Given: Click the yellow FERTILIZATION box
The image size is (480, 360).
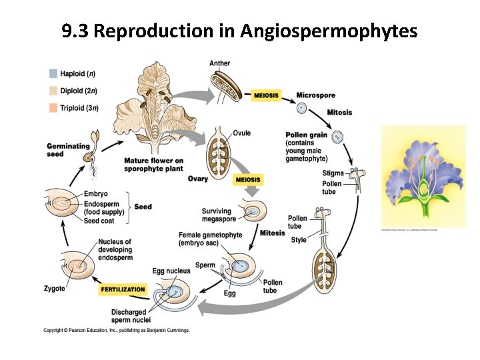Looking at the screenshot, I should pos(123,289).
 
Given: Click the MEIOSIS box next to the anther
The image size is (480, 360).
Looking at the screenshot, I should pos(266,96).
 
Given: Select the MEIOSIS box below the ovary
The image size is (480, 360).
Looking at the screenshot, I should pos(248,180).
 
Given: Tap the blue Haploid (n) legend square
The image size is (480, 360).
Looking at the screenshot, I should pos(53,73).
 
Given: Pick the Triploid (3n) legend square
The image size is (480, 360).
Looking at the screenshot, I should pos(53,107).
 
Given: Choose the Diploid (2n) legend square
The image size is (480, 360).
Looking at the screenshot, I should pos(53,91).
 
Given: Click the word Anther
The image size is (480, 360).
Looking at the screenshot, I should pos(219,63).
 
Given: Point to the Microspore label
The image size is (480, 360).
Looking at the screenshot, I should pos(315,95).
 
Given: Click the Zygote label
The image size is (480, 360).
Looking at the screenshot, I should pos(54,289).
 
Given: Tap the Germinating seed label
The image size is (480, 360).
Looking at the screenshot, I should pos(68,151).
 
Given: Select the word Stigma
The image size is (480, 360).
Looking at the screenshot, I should pos(333,173).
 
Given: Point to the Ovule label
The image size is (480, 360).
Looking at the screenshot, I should pos(242,133).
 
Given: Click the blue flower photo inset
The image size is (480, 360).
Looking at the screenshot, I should pos(423,177).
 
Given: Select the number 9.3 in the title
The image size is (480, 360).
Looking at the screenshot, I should pos(75,31).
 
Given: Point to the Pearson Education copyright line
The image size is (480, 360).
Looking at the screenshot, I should pos(117,330).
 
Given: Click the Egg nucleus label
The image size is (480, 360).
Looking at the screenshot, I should pos(171,271).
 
